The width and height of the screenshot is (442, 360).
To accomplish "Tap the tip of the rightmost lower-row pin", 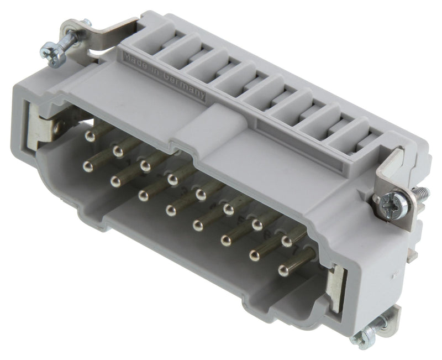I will click(283, 270).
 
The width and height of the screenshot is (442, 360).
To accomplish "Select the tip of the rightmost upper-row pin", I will click(286, 241).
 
